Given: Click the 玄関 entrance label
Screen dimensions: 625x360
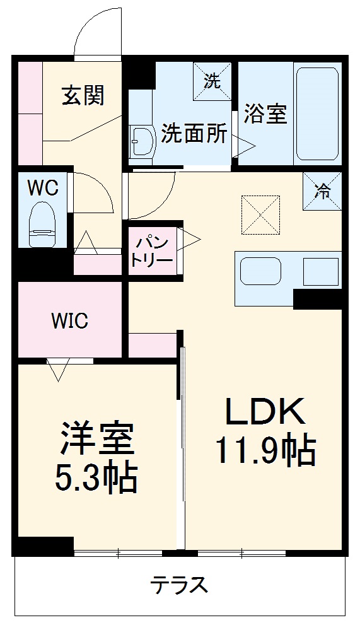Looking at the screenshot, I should pyautogui.click(x=83, y=96).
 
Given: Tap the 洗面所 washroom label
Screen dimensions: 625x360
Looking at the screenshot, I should pyautogui.click(x=194, y=134).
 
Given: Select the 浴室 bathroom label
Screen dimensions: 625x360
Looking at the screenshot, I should pyautogui.click(x=267, y=115).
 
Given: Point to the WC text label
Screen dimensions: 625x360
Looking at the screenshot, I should pyautogui.click(x=43, y=188).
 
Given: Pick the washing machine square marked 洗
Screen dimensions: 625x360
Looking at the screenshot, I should pyautogui.click(x=212, y=80).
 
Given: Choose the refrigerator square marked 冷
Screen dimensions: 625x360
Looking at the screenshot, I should pyautogui.click(x=322, y=190).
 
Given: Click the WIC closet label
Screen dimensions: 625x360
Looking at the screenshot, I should pyautogui.click(x=69, y=320).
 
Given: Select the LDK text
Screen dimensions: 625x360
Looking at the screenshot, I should pyautogui.click(x=265, y=412).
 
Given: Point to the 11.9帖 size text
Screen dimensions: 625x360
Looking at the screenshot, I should pyautogui.click(x=265, y=450).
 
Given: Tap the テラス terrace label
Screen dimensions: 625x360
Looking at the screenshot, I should pyautogui.click(x=178, y=585).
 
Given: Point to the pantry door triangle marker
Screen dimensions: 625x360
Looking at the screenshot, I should pyautogui.click(x=190, y=238).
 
